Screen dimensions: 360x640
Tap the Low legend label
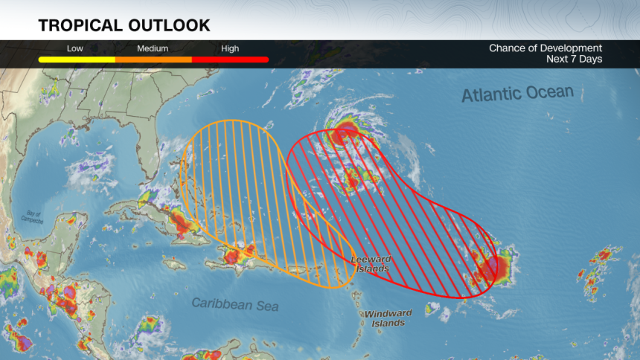tap(75, 48)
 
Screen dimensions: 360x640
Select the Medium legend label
tap(153, 48)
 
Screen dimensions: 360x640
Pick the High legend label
tap(230, 48)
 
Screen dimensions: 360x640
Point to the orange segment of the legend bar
tap(153, 59)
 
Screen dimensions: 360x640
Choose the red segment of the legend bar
tap(230, 59)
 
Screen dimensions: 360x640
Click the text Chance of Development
tap(545, 48)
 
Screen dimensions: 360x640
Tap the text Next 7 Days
tap(574, 59)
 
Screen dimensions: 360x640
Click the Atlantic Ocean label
tap(517, 94)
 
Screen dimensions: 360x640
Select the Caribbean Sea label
tap(235, 304)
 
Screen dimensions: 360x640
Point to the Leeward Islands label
tap(370, 263)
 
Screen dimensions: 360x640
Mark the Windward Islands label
tap(388, 318)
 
